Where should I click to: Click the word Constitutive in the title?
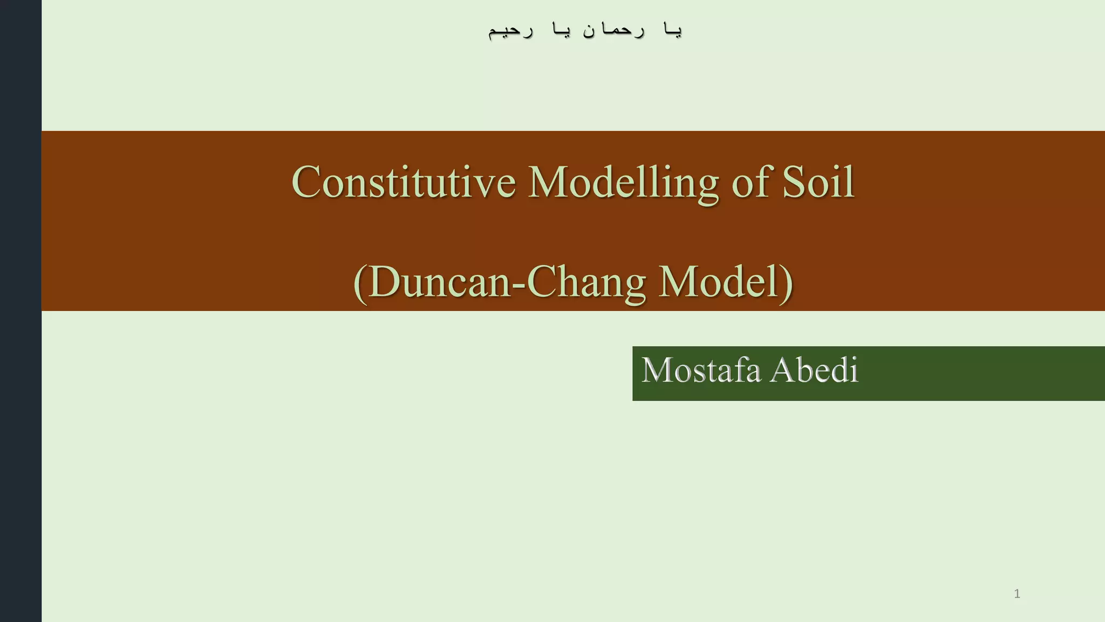(403, 182)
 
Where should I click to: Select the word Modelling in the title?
(623, 183)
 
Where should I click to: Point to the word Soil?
(818, 182)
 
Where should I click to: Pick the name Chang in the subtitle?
(586, 283)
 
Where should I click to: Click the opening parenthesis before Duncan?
(360, 283)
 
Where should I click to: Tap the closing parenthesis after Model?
(787, 283)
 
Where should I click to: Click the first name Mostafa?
(701, 370)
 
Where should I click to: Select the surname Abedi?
(814, 370)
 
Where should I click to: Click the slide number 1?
(1017, 594)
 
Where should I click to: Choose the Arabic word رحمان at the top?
(614, 30)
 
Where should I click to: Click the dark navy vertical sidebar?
(21, 311)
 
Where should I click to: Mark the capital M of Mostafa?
(658, 370)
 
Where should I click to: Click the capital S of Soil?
(793, 182)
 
